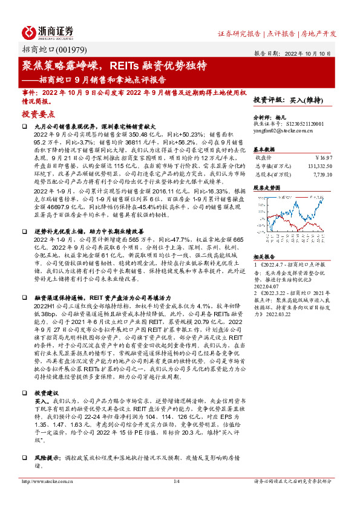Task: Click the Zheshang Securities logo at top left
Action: point(47,32)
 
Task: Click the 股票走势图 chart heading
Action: point(266,188)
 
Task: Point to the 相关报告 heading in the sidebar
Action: point(264,256)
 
